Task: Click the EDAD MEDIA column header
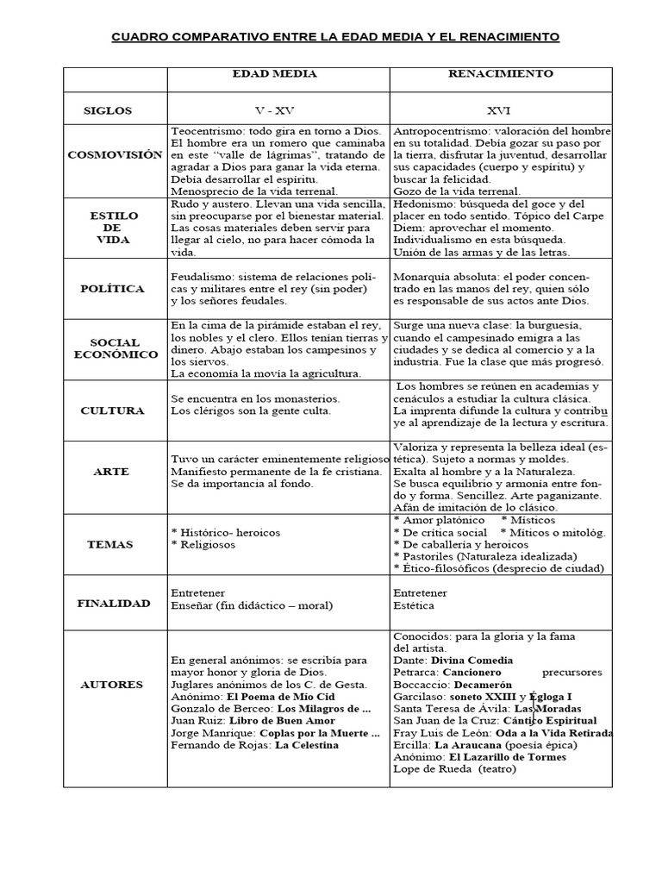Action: point(275,74)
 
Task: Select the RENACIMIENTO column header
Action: point(500,74)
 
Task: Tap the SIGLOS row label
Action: point(108,111)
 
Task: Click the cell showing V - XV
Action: point(275,111)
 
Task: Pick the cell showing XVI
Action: point(500,111)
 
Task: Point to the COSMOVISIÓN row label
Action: point(115,154)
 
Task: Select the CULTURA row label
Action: point(112,410)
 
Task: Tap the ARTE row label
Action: point(112,472)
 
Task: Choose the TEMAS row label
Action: point(110,544)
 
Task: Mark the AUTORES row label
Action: point(111,685)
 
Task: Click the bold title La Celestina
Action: point(307,745)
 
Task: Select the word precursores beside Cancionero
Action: point(572,672)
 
